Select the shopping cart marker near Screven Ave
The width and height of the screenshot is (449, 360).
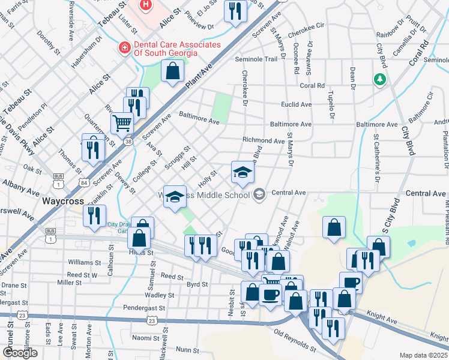122,124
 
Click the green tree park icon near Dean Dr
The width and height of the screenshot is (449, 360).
379,79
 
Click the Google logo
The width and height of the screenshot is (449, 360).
20,353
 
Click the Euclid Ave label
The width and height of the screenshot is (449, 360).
298,104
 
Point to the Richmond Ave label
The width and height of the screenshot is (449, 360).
263,140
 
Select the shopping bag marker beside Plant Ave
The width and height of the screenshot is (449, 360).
172,71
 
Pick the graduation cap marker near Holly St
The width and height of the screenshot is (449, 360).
243,173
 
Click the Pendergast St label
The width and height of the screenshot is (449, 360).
137,307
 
